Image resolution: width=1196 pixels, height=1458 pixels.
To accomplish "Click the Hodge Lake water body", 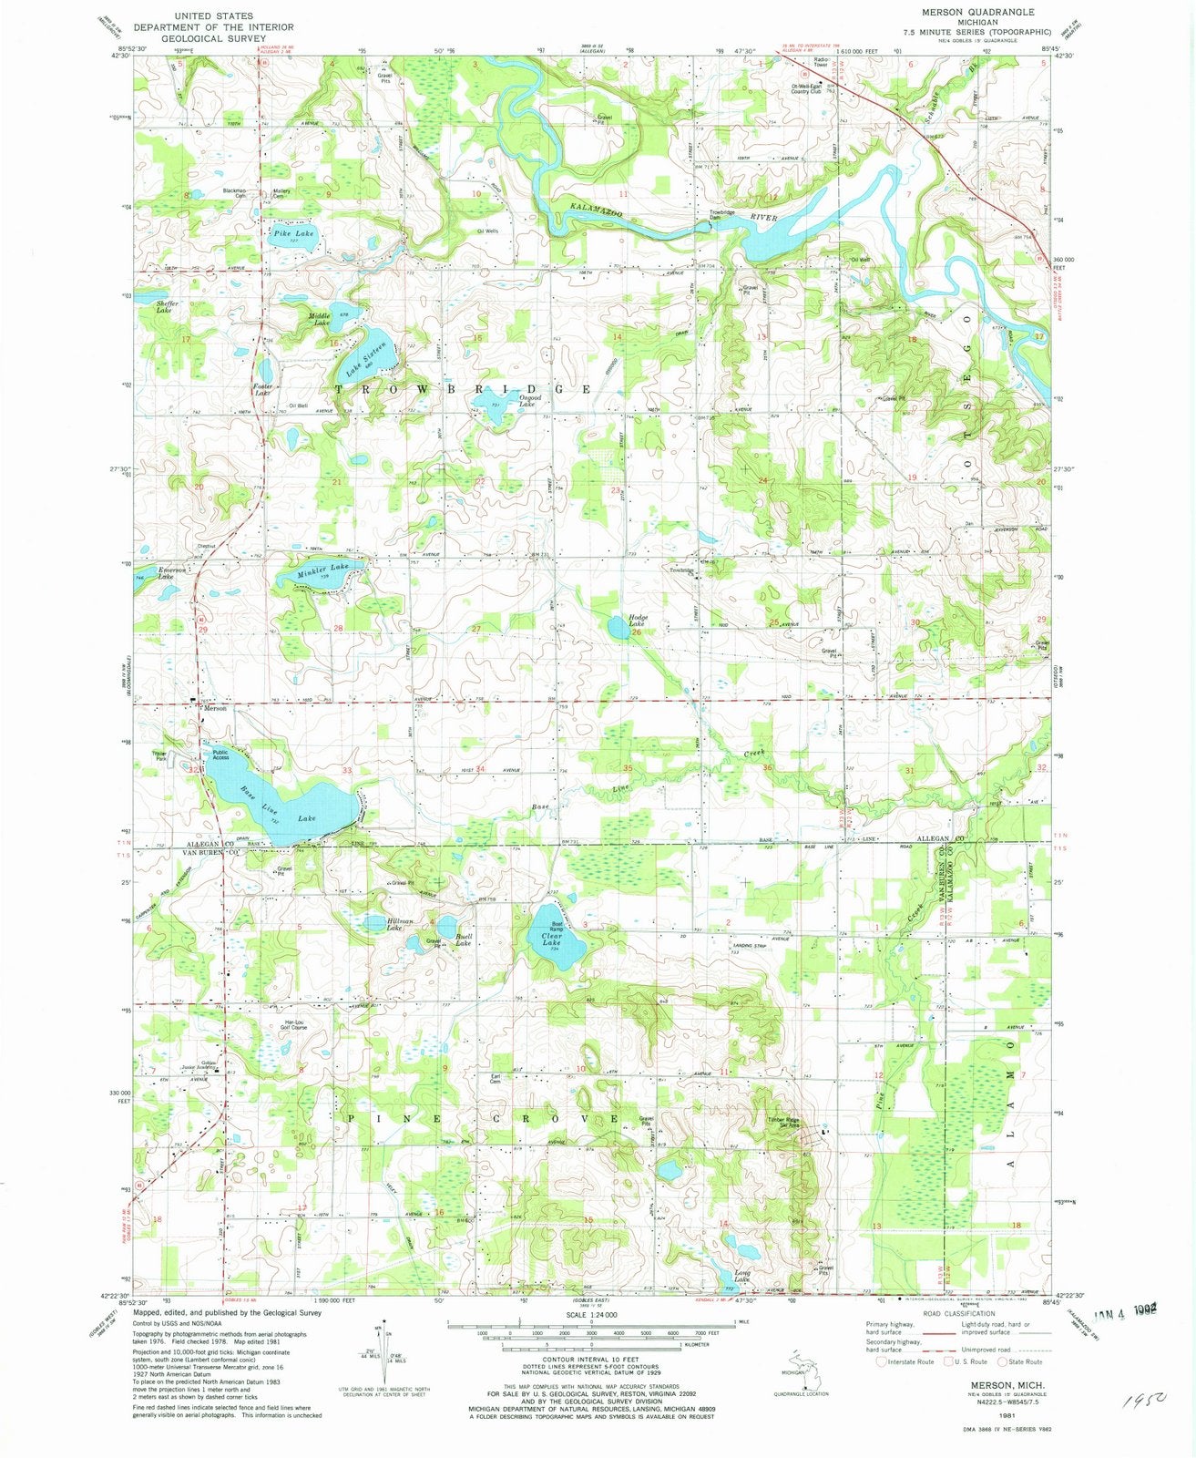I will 618,629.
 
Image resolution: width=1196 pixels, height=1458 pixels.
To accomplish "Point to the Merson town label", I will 214,707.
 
